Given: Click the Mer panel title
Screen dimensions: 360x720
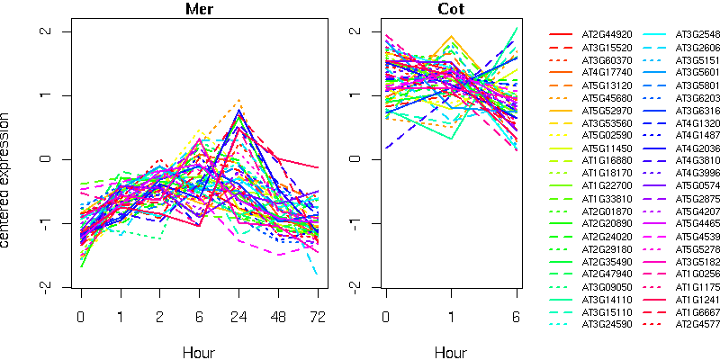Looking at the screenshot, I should coord(199,10).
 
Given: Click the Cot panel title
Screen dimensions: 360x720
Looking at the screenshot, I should coord(452,10).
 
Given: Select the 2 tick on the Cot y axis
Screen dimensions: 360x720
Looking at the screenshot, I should coord(357,31).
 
